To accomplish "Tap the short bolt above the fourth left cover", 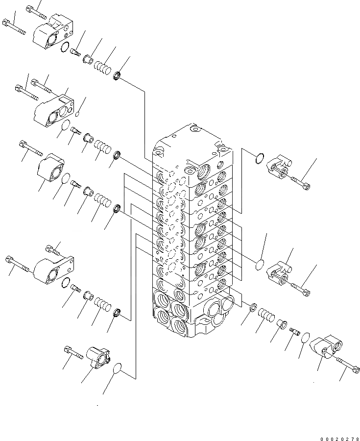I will point(52,250).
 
